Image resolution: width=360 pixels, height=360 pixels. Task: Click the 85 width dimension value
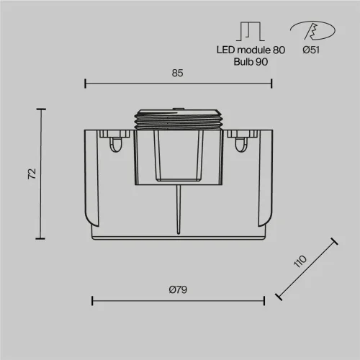(177, 73)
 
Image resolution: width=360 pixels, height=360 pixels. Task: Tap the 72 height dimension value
(32, 174)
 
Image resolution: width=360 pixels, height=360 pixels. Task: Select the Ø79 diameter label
(178, 289)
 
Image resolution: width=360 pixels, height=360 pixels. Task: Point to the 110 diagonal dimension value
(300, 261)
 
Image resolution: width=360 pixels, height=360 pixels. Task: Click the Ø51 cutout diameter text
(311, 50)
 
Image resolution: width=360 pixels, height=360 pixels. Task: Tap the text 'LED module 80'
(251, 50)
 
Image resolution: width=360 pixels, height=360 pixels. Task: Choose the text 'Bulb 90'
(251, 62)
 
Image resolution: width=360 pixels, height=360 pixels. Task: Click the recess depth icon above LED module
(251, 31)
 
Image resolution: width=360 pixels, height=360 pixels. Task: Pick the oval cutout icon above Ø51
(312, 30)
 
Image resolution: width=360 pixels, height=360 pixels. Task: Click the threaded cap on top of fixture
(179, 120)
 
